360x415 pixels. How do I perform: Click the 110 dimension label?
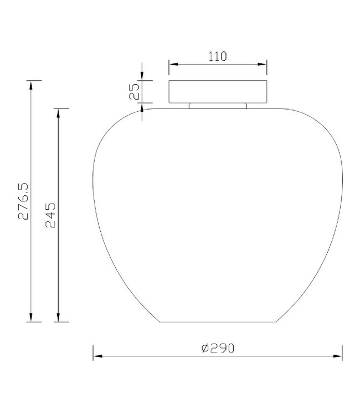pyautogui.click(x=218, y=56)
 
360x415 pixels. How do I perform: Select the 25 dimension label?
pyautogui.click(x=134, y=91)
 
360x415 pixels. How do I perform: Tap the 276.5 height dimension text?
pyautogui.click(x=23, y=201)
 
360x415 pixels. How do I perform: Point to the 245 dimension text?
pyautogui.click(x=50, y=215)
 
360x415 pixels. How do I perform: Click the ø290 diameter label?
pyautogui.click(x=218, y=348)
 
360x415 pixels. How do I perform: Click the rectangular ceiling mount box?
pyautogui.click(x=218, y=91)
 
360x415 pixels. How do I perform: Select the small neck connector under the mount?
pyautogui.click(x=218, y=106)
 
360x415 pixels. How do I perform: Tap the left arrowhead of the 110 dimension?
pyautogui.click(x=173, y=64)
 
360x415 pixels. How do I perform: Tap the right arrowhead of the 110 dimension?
pyautogui.click(x=263, y=64)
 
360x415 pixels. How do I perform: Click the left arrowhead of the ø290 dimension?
pyautogui.click(x=97, y=356)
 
